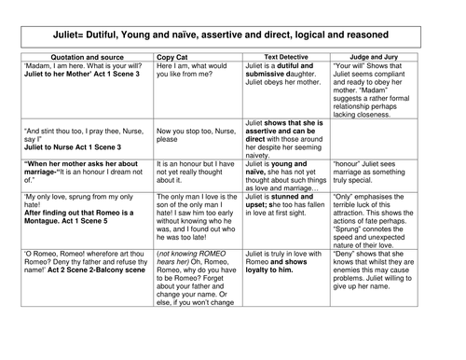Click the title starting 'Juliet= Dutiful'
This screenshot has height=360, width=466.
(x=232, y=34)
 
